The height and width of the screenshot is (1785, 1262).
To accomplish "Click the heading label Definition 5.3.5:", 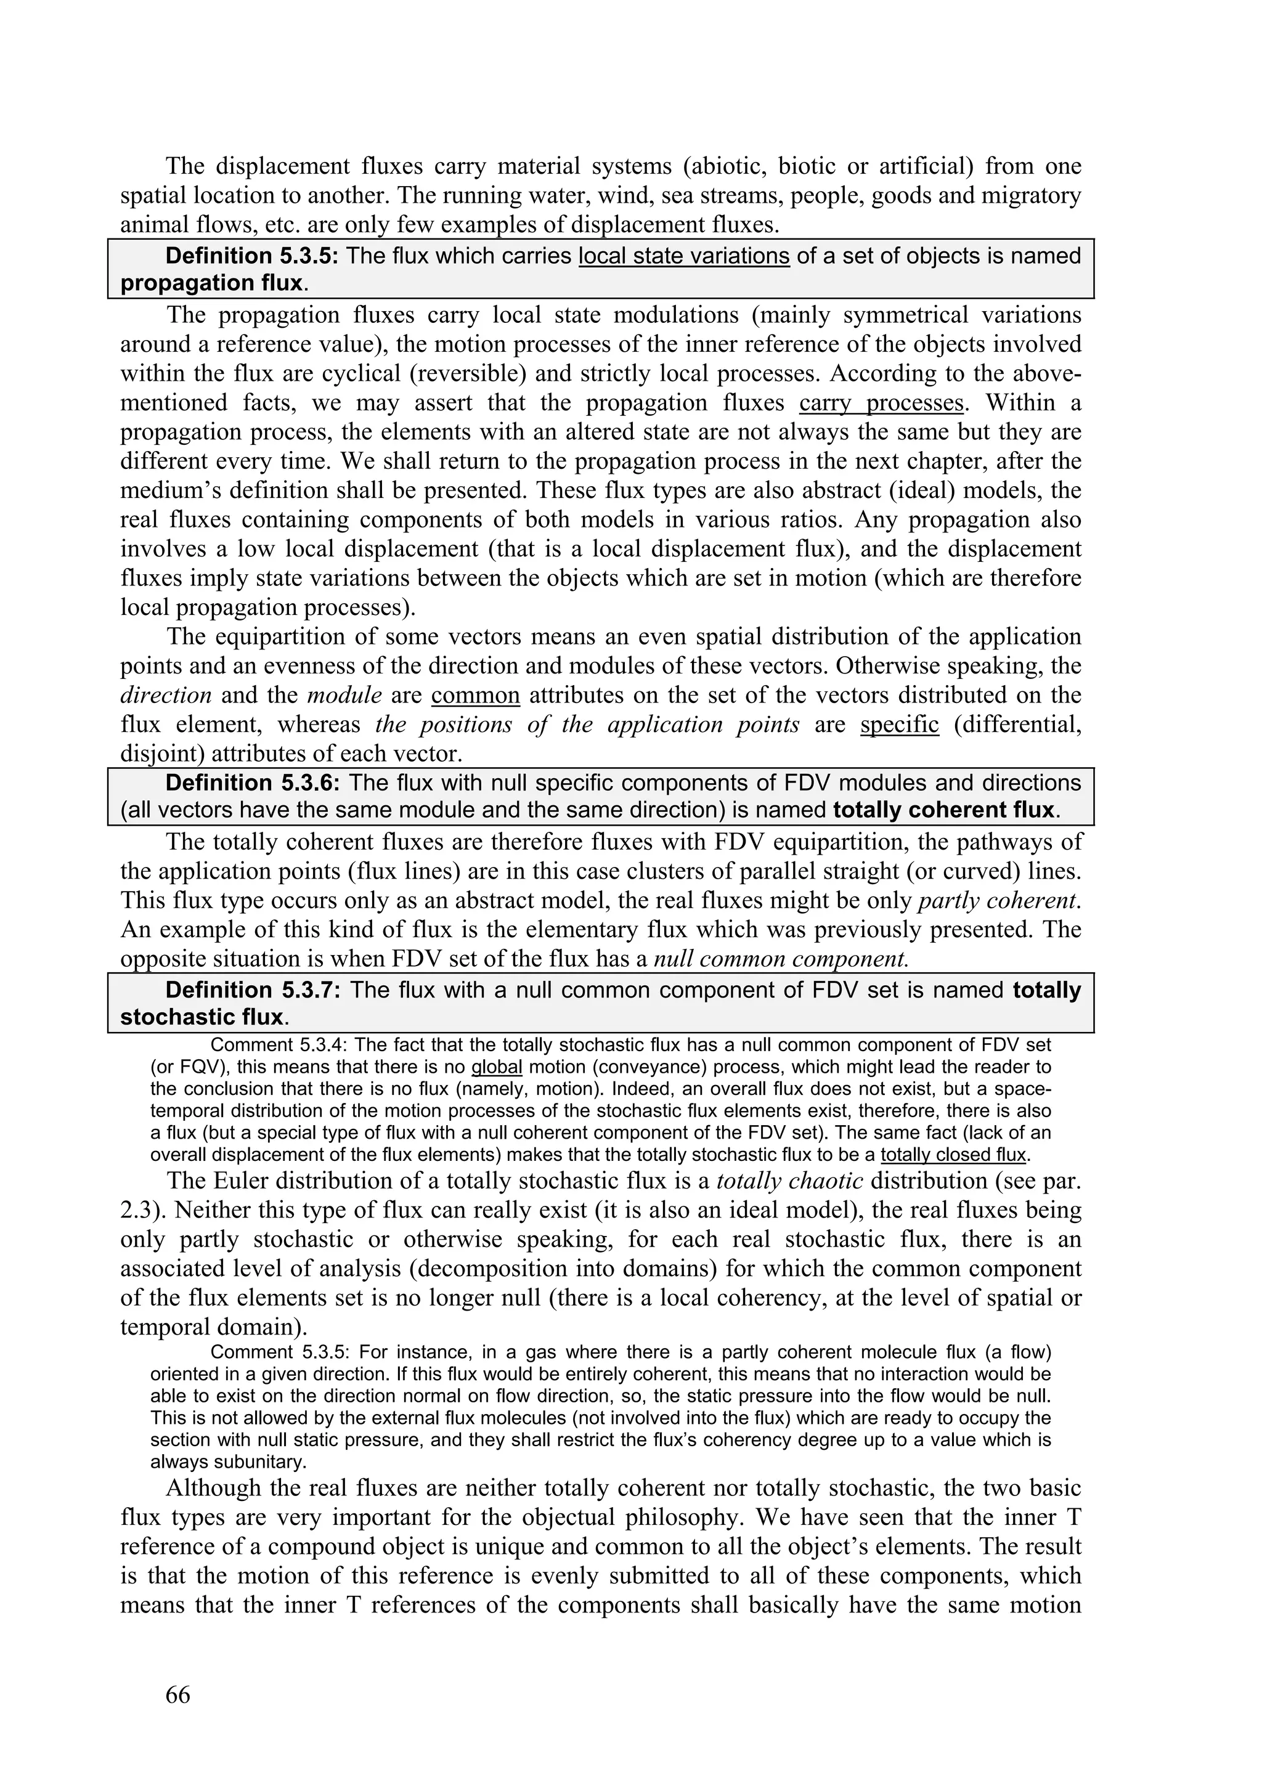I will (x=252, y=256).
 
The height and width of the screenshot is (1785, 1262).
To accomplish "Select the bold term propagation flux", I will (x=210, y=283).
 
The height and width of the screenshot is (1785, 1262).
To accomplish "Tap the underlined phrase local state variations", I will (x=683, y=256).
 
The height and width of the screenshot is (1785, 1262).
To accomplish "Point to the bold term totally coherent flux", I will (x=944, y=810).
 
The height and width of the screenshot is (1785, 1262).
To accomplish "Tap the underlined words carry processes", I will (x=881, y=403).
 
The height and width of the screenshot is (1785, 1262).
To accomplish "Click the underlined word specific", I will (x=900, y=725).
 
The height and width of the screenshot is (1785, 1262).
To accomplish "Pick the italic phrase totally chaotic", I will (x=789, y=1181).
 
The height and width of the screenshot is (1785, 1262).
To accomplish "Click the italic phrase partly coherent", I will (x=998, y=900).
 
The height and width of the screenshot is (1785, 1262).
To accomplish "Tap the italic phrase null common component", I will (x=781, y=959).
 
